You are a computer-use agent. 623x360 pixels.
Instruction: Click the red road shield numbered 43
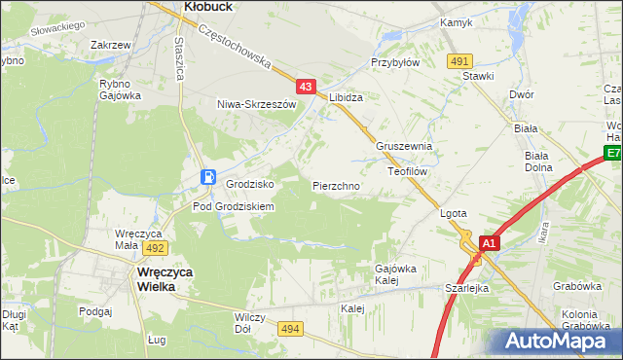307,88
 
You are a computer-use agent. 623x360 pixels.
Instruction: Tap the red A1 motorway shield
490,243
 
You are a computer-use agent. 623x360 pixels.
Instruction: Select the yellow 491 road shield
460,61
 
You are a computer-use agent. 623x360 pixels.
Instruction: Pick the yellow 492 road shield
156,248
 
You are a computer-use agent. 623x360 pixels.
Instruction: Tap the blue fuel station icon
208,176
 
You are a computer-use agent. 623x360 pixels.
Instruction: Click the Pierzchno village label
337,185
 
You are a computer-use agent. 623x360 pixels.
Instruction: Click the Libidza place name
346,98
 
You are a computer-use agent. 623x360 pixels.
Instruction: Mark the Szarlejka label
466,288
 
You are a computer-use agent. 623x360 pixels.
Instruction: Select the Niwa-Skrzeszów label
256,103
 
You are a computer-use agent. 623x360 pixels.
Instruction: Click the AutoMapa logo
561,341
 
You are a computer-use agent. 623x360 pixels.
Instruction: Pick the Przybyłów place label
395,61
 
